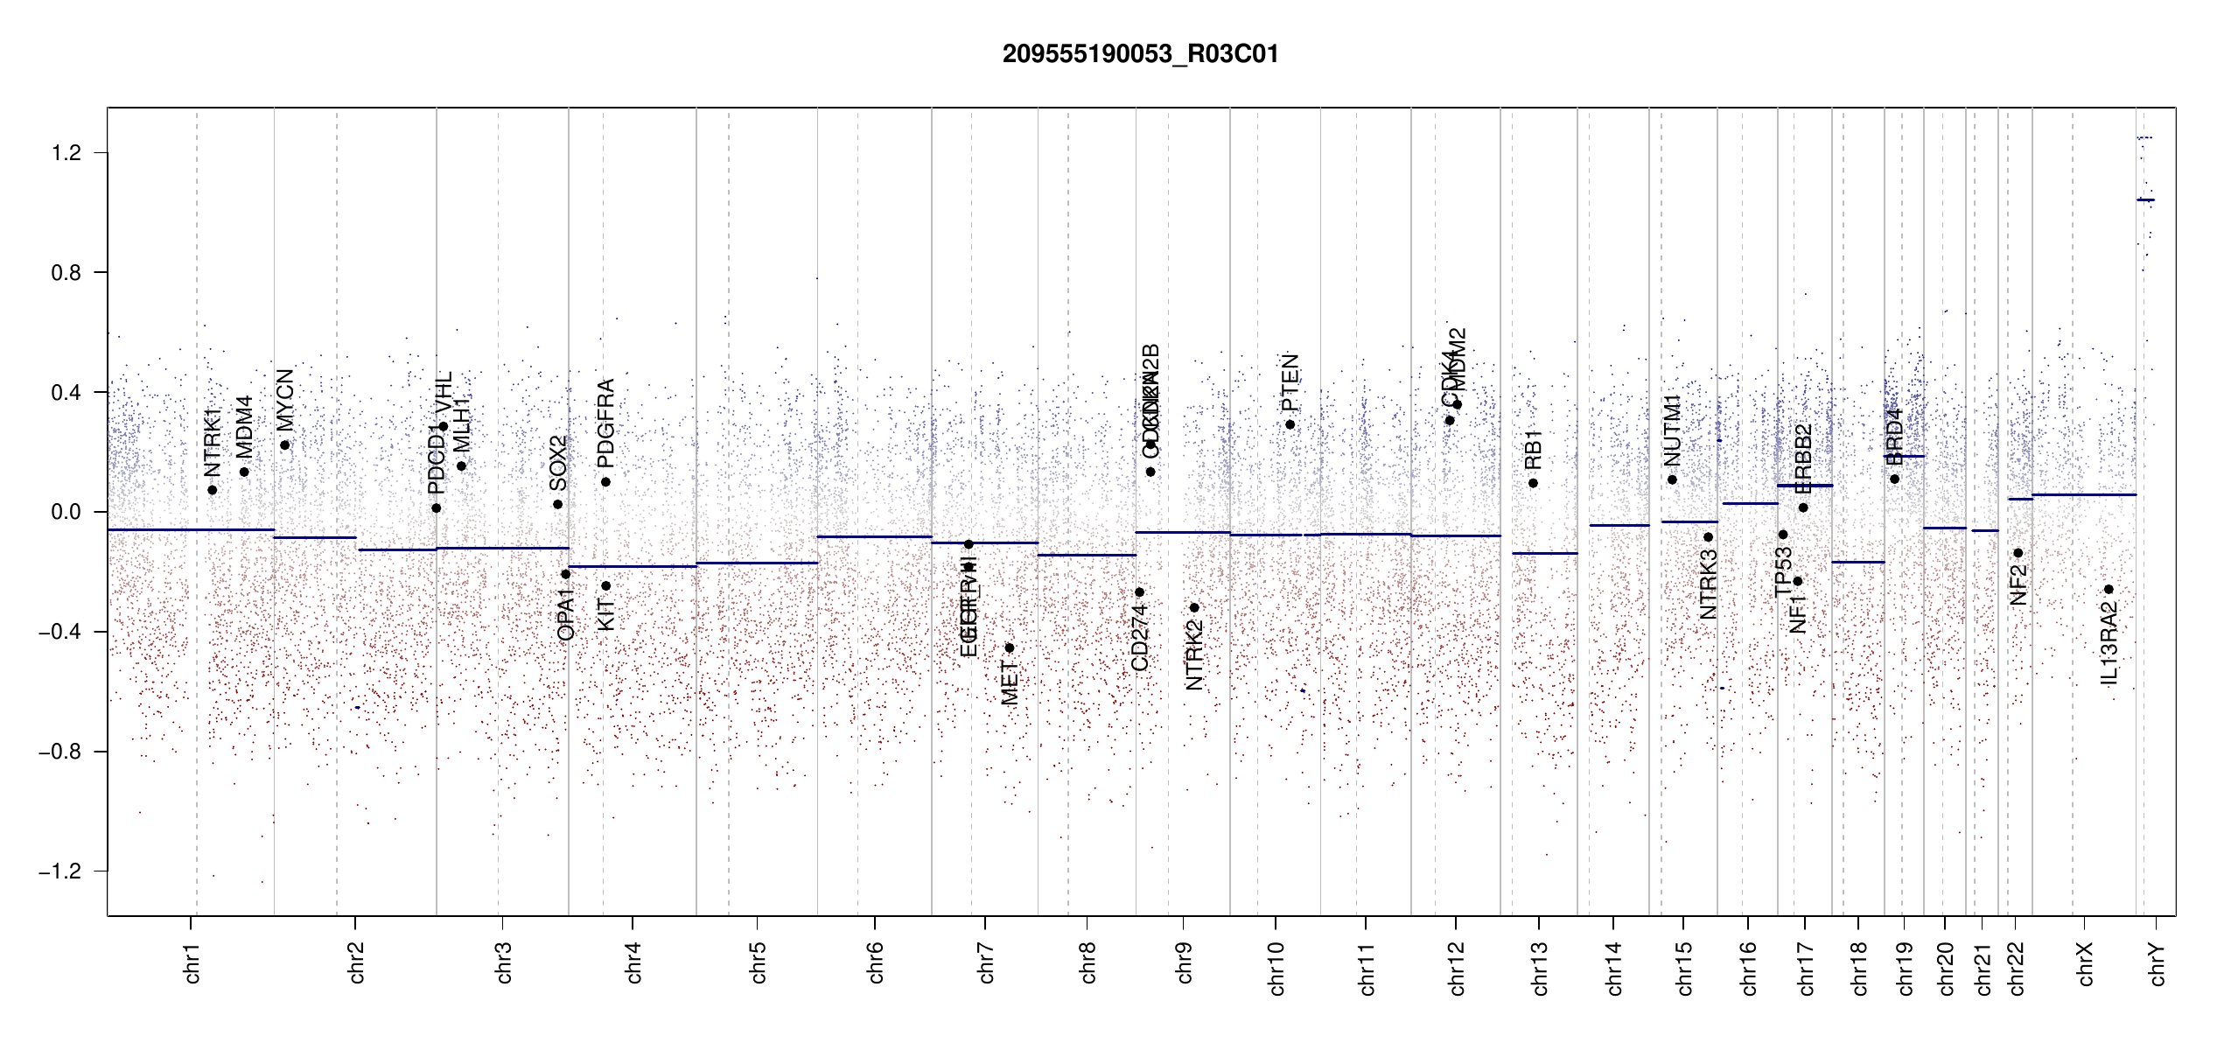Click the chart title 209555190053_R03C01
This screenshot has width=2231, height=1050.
click(x=1140, y=54)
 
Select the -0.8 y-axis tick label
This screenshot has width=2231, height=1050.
click(x=59, y=752)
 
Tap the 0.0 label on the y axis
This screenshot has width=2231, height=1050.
click(x=66, y=512)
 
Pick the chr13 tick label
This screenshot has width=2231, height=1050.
click(x=1540, y=968)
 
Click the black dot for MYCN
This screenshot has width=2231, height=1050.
click(x=284, y=445)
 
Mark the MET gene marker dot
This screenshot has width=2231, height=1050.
click(x=1009, y=648)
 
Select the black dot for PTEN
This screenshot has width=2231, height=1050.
click(x=1290, y=425)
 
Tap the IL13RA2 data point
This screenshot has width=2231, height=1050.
click(x=2109, y=590)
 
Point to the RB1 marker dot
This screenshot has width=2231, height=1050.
click(x=1533, y=484)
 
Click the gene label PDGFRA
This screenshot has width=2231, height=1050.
click(x=605, y=423)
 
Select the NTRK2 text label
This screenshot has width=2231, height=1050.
click(x=1194, y=654)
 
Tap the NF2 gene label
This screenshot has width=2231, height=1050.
click(x=2018, y=584)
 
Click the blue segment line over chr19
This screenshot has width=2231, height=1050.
click(x=1904, y=456)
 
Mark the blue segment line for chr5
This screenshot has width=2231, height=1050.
click(x=757, y=563)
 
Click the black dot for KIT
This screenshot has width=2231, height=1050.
click(x=605, y=586)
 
